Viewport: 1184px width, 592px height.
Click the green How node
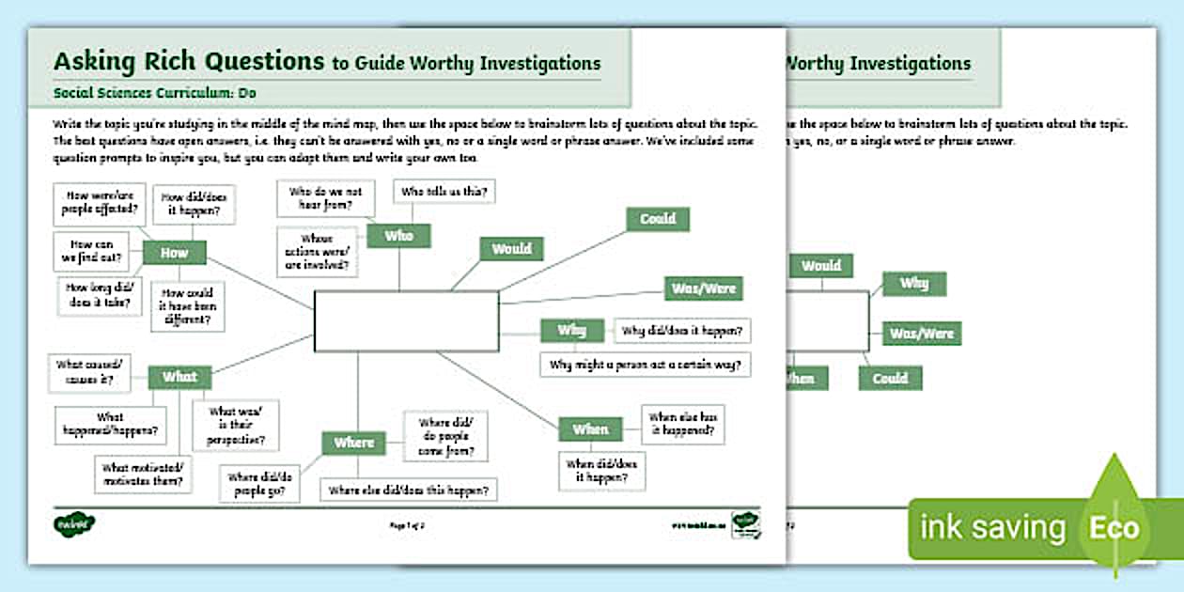pos(174,253)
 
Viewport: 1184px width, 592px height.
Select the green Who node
pos(398,236)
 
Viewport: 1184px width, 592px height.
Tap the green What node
pos(179,377)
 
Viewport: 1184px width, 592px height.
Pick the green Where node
pos(353,443)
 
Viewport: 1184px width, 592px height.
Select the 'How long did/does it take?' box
pos(97,297)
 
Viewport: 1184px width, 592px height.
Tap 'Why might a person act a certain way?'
pos(646,364)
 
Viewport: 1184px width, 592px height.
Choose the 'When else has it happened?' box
pos(683,424)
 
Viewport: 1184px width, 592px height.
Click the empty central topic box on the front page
pos(406,321)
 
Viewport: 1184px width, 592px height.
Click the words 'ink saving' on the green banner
pos(992,527)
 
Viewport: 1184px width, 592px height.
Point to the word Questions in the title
pos(257,62)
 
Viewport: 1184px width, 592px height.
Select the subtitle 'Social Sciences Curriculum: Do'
pos(155,93)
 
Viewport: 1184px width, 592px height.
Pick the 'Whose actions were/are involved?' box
pos(318,252)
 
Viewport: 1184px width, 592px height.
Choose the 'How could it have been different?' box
pos(188,305)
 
